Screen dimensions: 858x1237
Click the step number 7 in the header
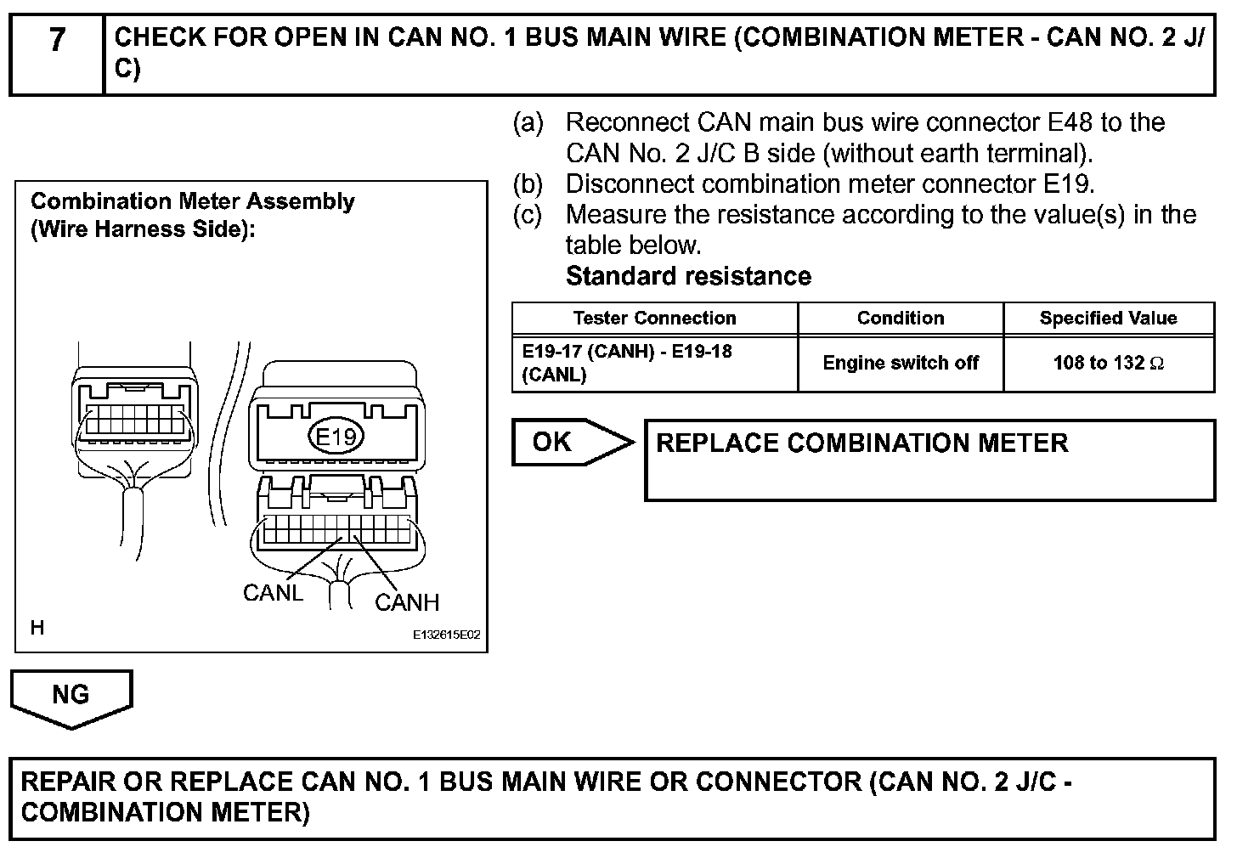pos(56,41)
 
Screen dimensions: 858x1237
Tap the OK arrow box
pos(565,443)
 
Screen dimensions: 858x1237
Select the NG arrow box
pos(71,696)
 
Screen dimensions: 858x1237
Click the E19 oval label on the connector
pos(335,437)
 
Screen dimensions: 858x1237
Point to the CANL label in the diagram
pos(273,593)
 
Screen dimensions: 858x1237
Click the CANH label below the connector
pos(407,603)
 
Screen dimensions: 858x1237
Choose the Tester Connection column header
pos(654,319)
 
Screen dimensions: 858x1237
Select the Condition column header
pos(901,319)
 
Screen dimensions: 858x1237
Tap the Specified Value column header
pos(1108,319)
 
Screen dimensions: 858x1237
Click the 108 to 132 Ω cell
pos(1108,364)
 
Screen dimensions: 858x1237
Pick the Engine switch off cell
pos(901,364)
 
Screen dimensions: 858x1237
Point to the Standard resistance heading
pos(688,277)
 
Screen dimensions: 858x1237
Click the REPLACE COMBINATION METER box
pos(929,460)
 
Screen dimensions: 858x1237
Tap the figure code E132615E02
pos(447,635)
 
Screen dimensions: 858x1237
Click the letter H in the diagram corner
pos(37,629)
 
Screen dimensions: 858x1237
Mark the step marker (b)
pos(528,184)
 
